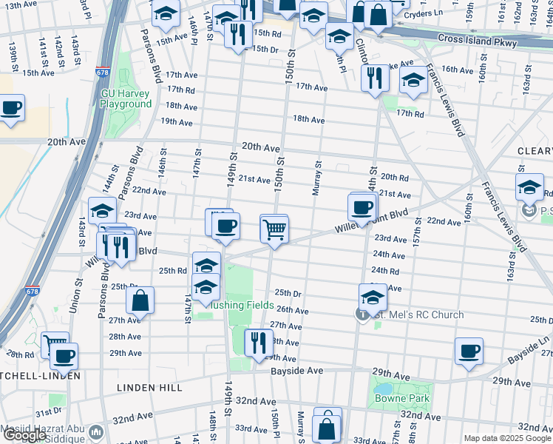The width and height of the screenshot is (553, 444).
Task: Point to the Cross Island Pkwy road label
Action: coord(476,41)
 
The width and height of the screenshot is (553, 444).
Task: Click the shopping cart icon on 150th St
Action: coord(274,229)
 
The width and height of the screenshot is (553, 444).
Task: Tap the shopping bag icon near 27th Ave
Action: coord(140,300)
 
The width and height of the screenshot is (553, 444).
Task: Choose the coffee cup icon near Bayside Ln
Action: coord(468,351)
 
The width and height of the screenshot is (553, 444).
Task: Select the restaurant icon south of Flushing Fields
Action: coord(258,343)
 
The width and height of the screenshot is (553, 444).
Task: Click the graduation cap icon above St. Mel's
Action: coord(373,297)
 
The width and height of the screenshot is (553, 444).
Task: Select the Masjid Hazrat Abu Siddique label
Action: coord(44,431)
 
